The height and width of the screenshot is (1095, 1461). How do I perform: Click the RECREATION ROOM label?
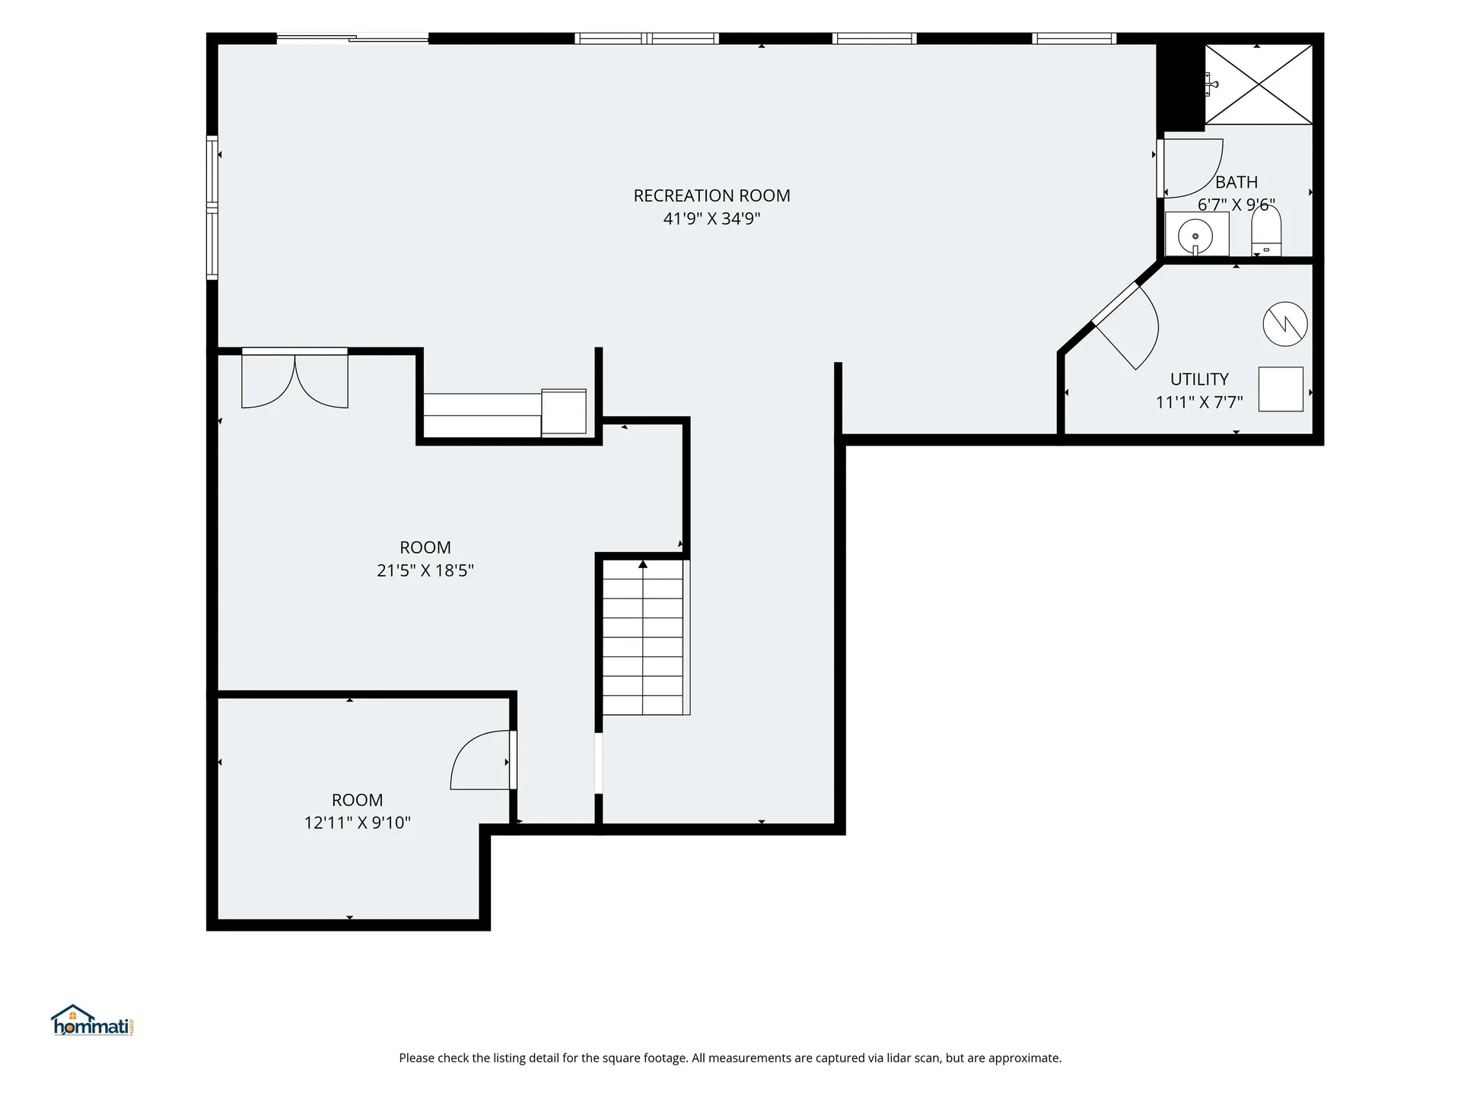click(x=711, y=195)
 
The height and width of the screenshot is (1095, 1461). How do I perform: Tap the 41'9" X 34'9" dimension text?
click(x=711, y=219)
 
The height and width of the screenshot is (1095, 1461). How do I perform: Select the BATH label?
click(x=1237, y=182)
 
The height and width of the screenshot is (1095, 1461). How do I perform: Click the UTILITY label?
click(x=1199, y=379)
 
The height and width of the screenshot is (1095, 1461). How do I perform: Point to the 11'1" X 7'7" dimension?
click(x=1199, y=402)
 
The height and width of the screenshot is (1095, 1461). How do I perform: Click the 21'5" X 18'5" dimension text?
click(x=425, y=570)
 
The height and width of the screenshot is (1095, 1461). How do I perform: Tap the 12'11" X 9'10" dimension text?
click(x=358, y=823)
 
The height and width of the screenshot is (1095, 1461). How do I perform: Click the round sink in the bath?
click(x=1196, y=235)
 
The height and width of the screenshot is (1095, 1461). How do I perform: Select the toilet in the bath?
click(x=1266, y=230)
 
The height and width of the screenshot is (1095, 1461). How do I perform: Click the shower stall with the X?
click(x=1259, y=84)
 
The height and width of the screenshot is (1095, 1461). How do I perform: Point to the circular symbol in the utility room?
click(x=1285, y=325)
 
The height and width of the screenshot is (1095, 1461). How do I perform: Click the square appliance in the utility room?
click(x=1281, y=389)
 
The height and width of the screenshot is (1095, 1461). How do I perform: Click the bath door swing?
click(x=1191, y=168)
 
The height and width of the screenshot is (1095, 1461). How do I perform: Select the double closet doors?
click(x=294, y=378)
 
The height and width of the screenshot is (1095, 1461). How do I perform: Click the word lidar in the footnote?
click(x=896, y=1058)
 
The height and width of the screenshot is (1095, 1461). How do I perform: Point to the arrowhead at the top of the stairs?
click(x=643, y=564)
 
